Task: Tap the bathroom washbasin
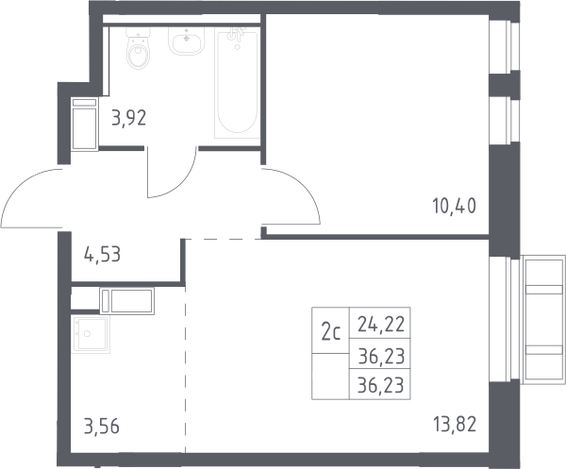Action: click(x=186, y=42)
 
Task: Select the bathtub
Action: click(x=237, y=83)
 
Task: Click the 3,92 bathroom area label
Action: click(x=129, y=118)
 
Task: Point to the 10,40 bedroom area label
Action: click(x=454, y=206)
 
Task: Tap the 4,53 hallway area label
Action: click(x=102, y=254)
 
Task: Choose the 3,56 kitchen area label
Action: click(x=102, y=426)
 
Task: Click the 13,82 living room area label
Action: click(x=455, y=424)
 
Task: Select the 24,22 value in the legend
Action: click(x=381, y=324)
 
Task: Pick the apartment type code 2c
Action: click(x=331, y=332)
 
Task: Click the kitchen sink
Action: click(x=91, y=335)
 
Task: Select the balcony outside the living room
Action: click(x=543, y=319)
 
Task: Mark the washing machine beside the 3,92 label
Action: click(x=85, y=124)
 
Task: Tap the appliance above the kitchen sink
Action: click(x=127, y=300)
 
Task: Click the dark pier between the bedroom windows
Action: click(x=505, y=84)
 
